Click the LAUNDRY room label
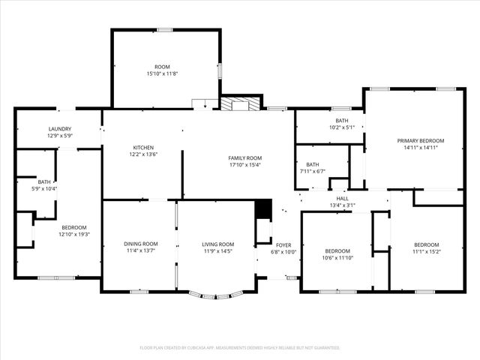(59, 129)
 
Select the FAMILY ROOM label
(244, 157)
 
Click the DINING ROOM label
(141, 244)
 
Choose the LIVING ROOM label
(218, 244)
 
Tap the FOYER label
(283, 244)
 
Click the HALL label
(342, 198)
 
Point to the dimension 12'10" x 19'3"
(73, 234)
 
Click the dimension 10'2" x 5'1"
(341, 127)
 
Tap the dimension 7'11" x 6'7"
(312, 171)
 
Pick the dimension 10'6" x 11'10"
(337, 257)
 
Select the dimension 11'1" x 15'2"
(426, 251)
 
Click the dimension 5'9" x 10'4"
(45, 188)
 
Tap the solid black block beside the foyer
(262, 209)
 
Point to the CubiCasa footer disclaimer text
(240, 347)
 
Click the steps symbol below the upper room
(200, 104)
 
